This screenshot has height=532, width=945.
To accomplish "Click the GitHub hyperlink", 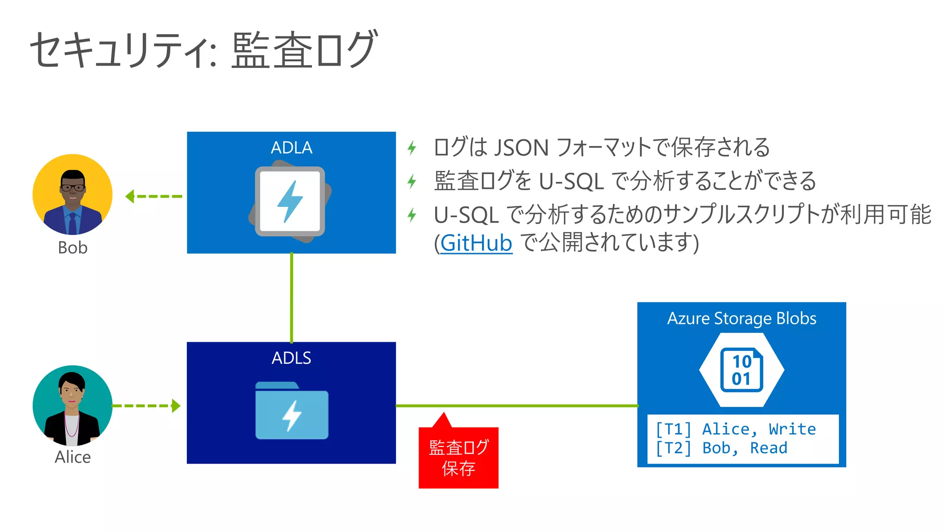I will [x=476, y=243].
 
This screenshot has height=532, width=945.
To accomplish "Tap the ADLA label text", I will [x=291, y=148].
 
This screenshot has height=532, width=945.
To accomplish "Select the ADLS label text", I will [x=291, y=358].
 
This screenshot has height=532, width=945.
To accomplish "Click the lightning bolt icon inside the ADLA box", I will [x=290, y=202].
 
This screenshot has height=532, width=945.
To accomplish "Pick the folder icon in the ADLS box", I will [x=292, y=411].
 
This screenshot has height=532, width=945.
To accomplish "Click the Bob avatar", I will [x=72, y=194].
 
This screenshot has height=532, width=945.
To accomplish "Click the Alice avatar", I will [x=72, y=405].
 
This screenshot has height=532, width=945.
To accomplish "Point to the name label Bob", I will [x=72, y=248].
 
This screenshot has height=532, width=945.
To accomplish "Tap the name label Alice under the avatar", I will [x=72, y=457].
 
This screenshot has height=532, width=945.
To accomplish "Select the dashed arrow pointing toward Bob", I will [x=153, y=197].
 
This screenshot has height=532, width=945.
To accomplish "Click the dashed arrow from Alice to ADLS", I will [x=146, y=406].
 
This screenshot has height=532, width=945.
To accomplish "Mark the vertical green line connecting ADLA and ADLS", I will [x=292, y=298].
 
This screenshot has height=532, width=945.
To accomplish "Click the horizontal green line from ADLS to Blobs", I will [x=517, y=406].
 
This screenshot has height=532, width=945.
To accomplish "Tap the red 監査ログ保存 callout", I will [x=458, y=458].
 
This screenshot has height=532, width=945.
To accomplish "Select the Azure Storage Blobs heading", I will [x=742, y=319].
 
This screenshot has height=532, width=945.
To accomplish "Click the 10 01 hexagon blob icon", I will [x=742, y=370].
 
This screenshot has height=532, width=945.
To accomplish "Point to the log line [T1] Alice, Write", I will [x=736, y=429].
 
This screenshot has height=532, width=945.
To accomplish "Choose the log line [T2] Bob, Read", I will [x=722, y=448].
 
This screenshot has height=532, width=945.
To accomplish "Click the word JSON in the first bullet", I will [x=521, y=148].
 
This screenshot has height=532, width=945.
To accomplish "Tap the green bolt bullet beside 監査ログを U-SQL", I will [x=412, y=181].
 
